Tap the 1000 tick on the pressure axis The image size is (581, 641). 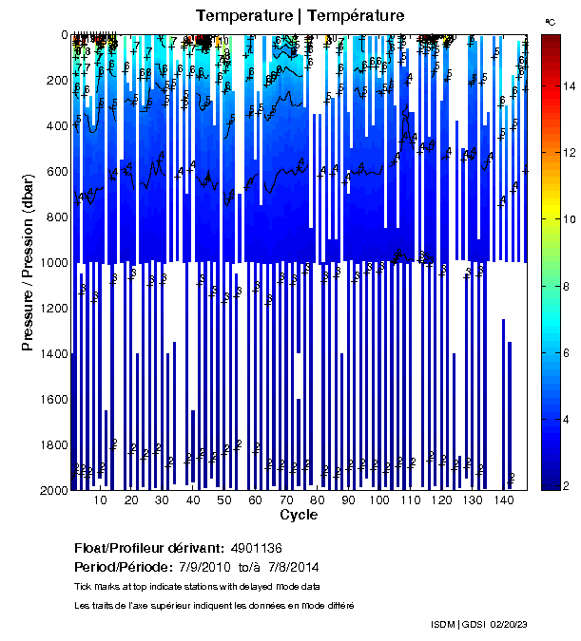coord(54,262)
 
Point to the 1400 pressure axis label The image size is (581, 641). coord(54,353)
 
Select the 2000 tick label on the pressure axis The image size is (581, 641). coord(54,490)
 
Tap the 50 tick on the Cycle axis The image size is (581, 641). coord(224,500)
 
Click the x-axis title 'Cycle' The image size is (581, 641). coord(299,516)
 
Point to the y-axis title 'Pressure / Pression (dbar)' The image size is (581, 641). coord(28,262)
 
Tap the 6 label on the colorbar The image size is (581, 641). coord(568,352)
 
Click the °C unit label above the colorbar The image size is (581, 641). coord(551,21)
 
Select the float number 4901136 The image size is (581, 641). coord(256,548)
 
